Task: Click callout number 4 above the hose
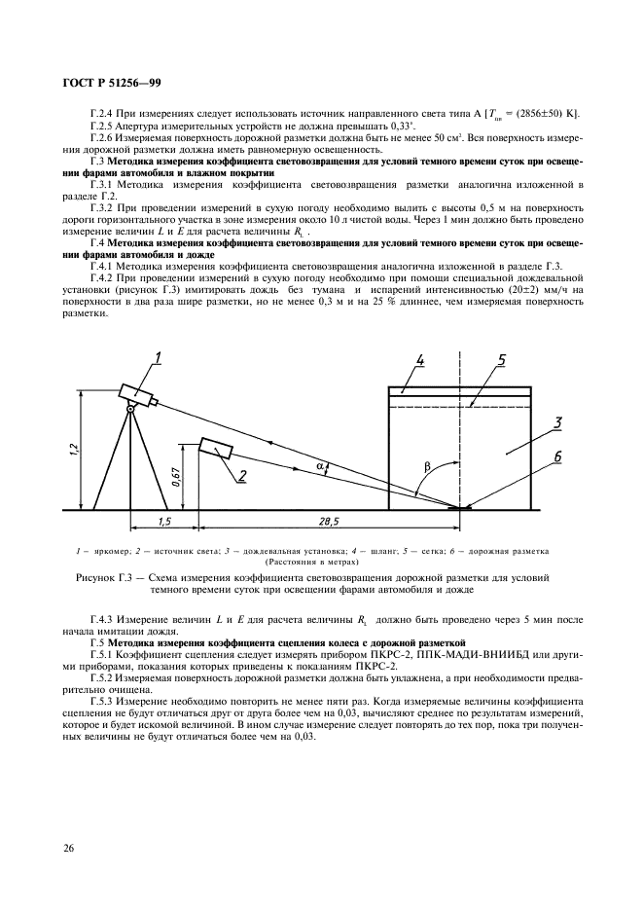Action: click(x=420, y=361)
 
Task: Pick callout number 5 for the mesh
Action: click(x=500, y=361)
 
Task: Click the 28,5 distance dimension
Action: click(x=332, y=522)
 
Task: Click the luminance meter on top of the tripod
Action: click(x=136, y=393)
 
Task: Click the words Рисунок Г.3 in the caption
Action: click(x=104, y=578)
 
